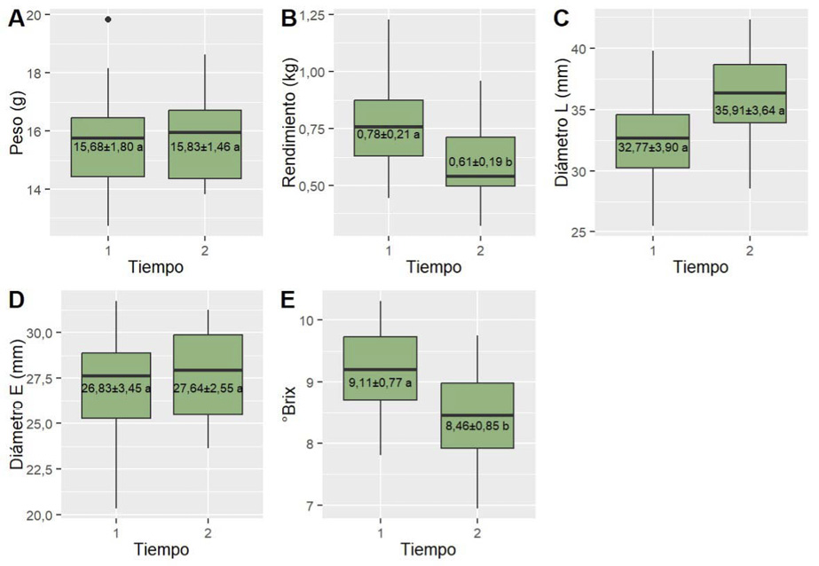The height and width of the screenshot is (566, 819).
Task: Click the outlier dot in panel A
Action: coord(108,19)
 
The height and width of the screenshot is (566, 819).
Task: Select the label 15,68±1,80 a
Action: coord(108,146)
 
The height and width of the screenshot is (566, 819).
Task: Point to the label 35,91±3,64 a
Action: coord(750,109)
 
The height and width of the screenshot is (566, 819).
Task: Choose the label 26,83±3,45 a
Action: coord(116,388)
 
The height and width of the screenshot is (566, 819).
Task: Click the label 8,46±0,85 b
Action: coord(477,425)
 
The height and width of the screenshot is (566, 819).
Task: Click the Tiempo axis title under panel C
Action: coord(700,266)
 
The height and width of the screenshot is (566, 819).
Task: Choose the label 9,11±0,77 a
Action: coord(380,383)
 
